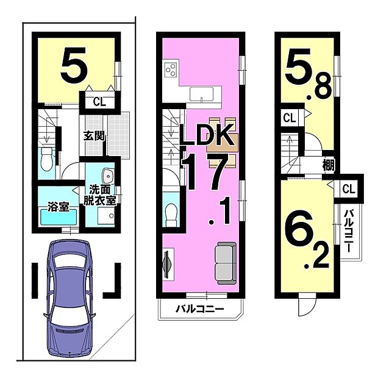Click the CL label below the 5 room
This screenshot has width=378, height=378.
coord(99,101)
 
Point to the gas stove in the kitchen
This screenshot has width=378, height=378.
coord(171,70)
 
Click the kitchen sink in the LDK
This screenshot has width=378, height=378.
coord(201,94)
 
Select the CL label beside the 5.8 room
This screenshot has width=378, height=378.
coord(289,117)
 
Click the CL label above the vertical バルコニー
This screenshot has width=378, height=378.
coord(348,189)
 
